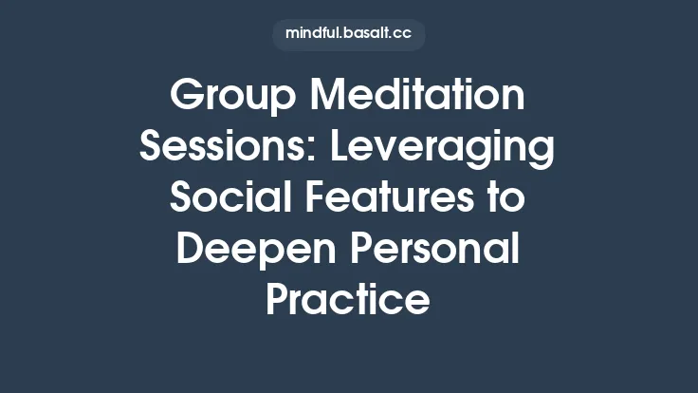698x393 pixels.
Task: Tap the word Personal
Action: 431,252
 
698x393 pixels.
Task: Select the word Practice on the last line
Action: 348,302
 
